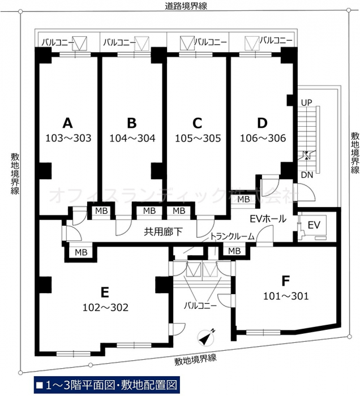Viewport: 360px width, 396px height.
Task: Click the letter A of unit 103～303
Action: (68, 123)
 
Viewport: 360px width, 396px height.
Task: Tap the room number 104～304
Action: (132, 138)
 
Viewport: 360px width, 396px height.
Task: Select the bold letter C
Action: (197, 123)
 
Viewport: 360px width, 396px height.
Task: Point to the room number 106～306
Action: (263, 138)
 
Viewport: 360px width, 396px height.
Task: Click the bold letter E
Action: (105, 292)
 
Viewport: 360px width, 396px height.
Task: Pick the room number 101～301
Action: (286, 296)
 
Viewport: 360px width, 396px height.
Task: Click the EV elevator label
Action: (314, 225)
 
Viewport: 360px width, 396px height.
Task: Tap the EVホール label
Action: (268, 219)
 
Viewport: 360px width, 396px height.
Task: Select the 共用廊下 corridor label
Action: (163, 231)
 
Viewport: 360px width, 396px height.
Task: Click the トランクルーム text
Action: (232, 236)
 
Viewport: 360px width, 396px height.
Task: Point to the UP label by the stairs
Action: (307, 102)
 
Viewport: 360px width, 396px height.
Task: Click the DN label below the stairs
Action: (307, 175)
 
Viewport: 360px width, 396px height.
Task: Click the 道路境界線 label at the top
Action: (186, 6)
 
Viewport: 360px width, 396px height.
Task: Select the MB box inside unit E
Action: (81, 252)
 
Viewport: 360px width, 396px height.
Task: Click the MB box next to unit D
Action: (243, 199)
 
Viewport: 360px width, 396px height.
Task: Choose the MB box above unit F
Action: (234, 251)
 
